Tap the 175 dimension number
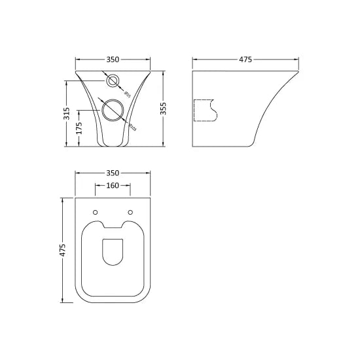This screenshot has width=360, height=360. click(x=79, y=128)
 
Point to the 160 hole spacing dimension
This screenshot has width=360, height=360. click(x=113, y=185)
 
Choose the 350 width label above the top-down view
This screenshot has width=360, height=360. click(x=113, y=173)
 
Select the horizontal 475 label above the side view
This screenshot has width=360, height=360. click(x=245, y=60)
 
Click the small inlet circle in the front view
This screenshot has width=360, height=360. click(x=113, y=81)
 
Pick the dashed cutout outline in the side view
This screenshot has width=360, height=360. click(x=206, y=110)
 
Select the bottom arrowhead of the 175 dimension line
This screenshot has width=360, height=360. click(x=79, y=145)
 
